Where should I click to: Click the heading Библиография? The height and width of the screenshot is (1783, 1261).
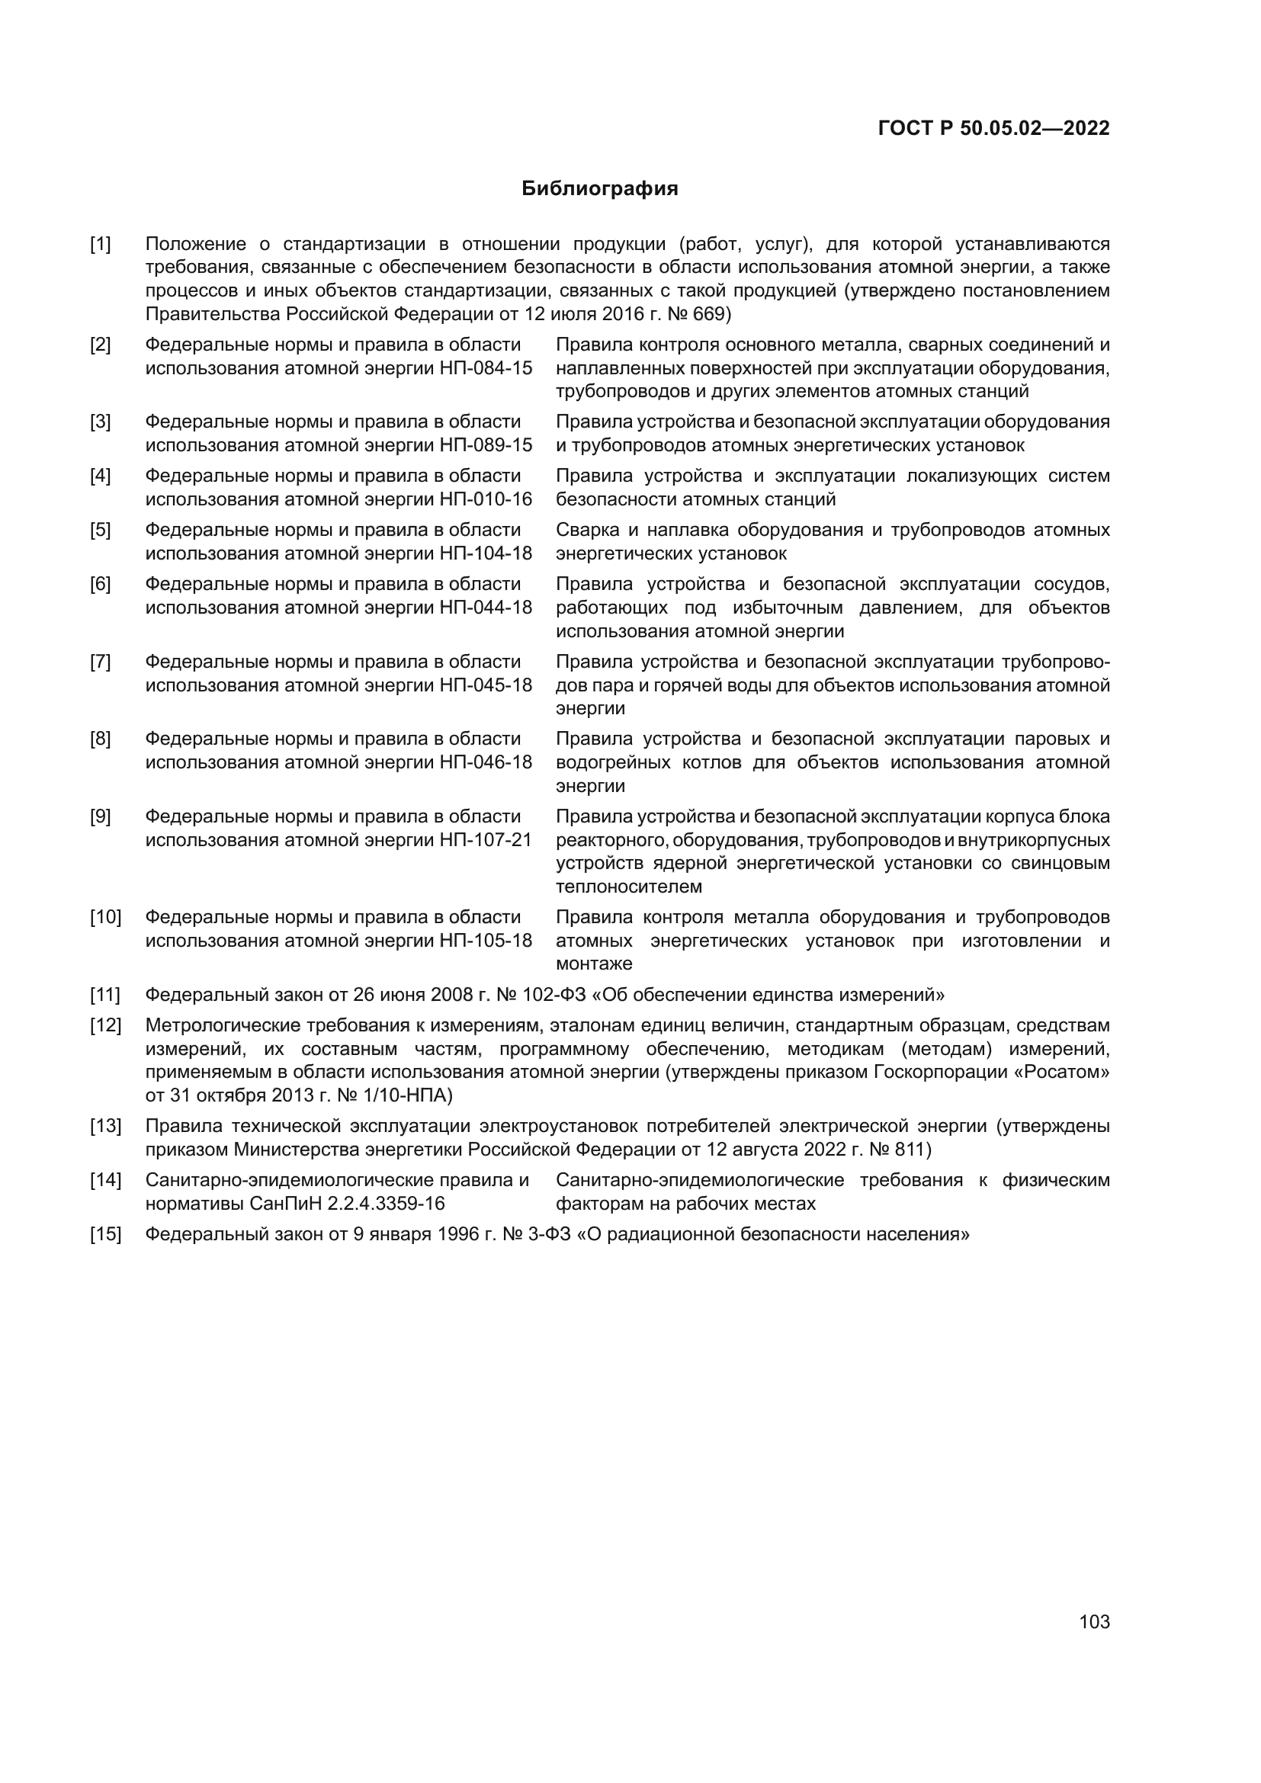599,189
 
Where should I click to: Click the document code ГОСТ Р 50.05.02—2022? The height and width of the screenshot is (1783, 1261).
993,128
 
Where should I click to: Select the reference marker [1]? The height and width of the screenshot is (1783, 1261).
100,244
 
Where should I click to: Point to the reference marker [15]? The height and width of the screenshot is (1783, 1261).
106,1234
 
